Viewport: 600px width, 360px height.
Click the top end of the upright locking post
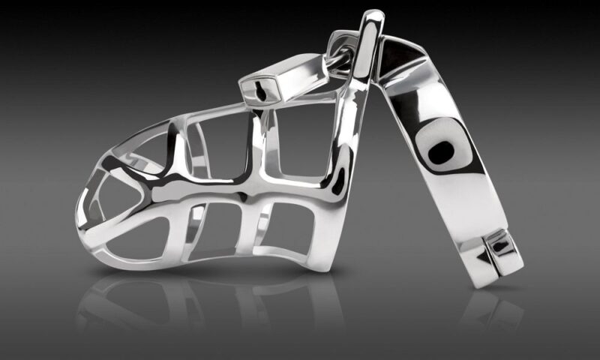(373, 16)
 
